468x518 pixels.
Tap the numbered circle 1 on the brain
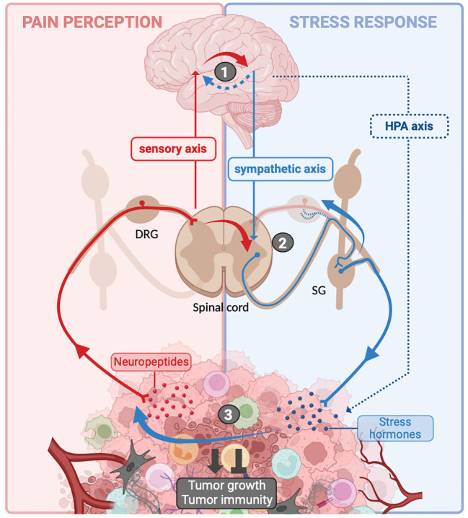[225, 71]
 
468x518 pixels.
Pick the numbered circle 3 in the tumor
[228, 414]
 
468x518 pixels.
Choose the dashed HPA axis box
[409, 127]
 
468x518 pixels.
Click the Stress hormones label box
[396, 428]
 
